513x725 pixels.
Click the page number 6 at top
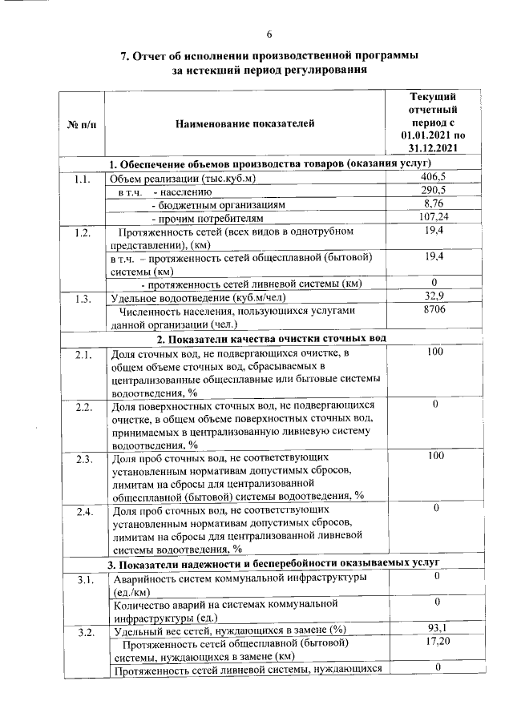(x=269, y=33)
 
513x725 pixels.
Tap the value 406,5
(x=433, y=177)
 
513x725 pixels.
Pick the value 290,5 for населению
(x=433, y=191)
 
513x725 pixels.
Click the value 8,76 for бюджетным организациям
(x=433, y=203)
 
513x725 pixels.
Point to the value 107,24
(x=433, y=217)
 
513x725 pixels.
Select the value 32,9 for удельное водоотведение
(x=433, y=297)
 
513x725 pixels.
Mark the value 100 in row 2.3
(x=433, y=457)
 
